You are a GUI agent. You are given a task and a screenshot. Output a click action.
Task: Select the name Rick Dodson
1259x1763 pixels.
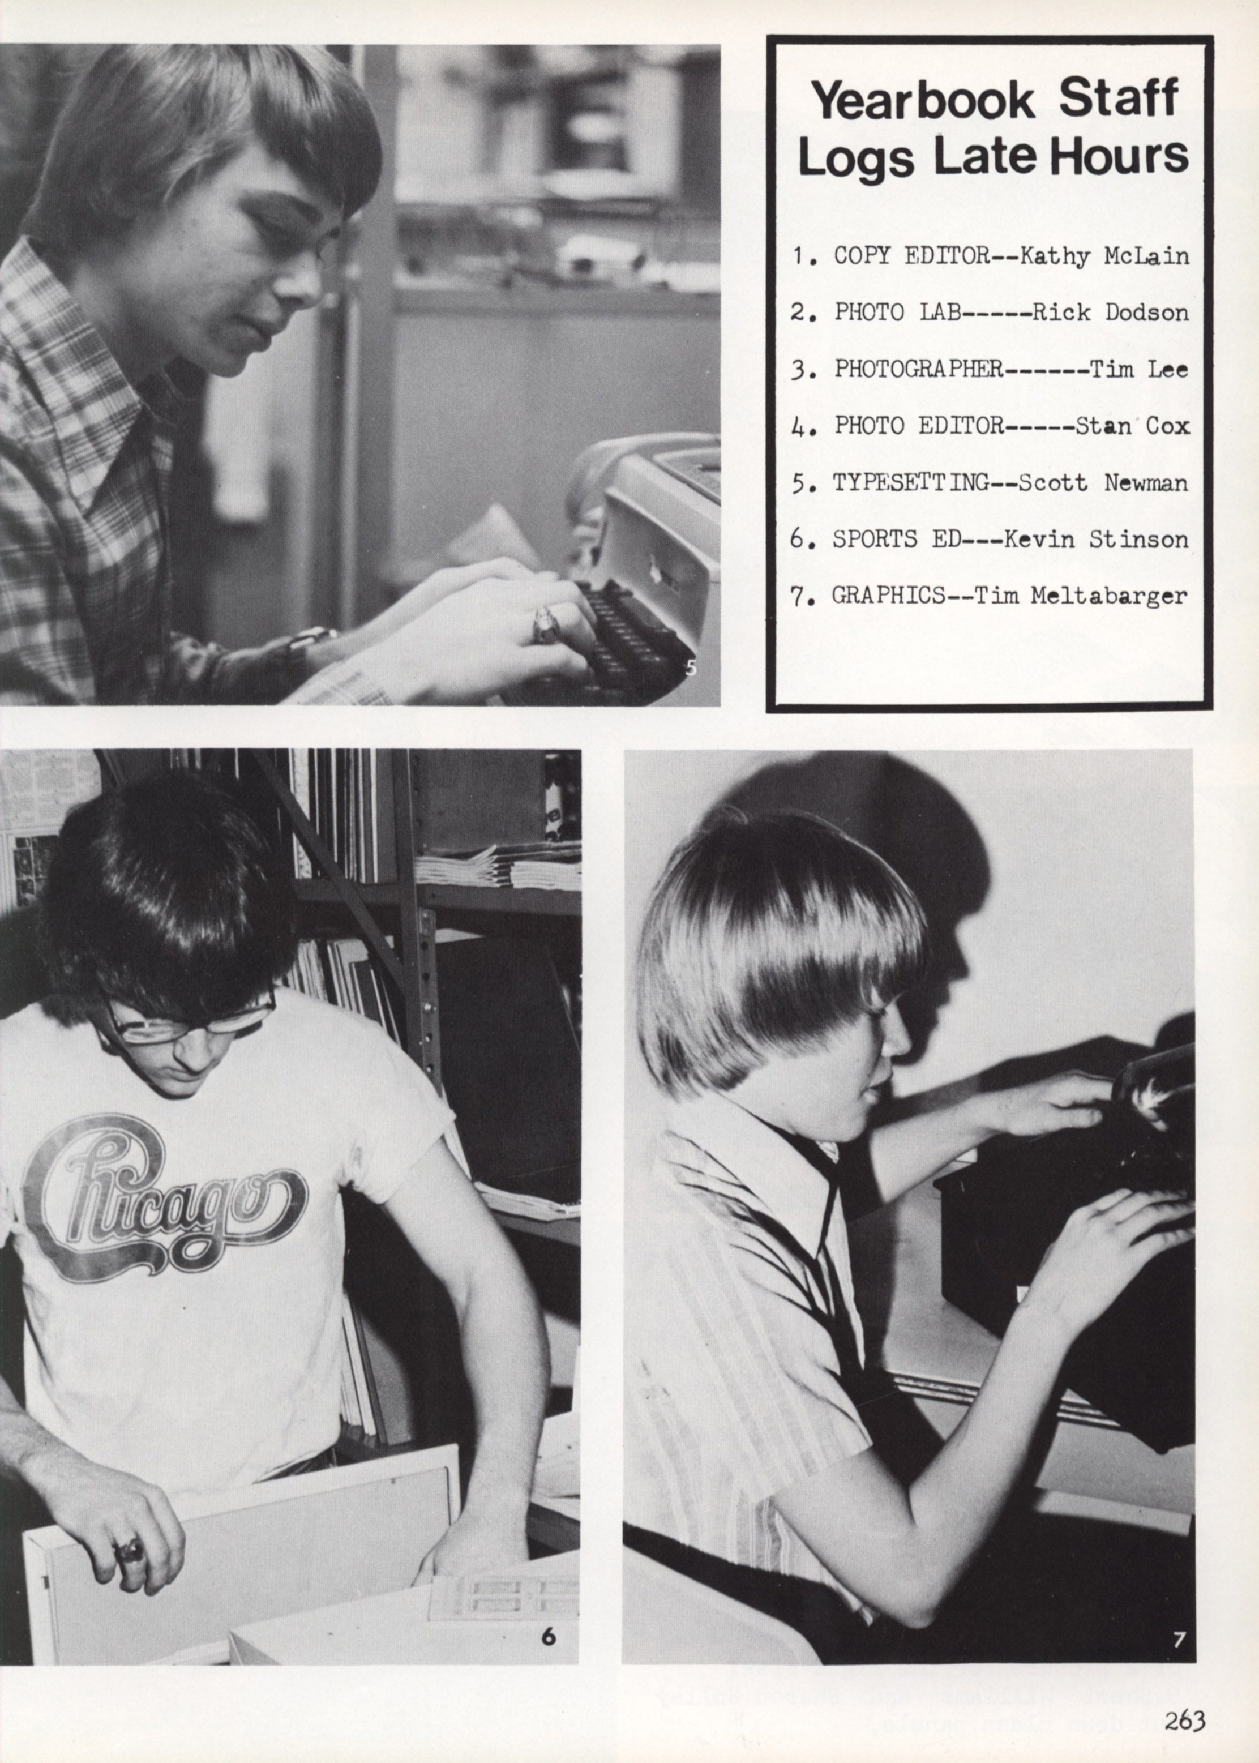(x=1110, y=313)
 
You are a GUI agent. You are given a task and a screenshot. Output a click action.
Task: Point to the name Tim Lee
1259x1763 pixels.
(x=1139, y=369)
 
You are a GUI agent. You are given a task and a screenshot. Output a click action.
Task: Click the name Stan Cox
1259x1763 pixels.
(x=1132, y=426)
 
